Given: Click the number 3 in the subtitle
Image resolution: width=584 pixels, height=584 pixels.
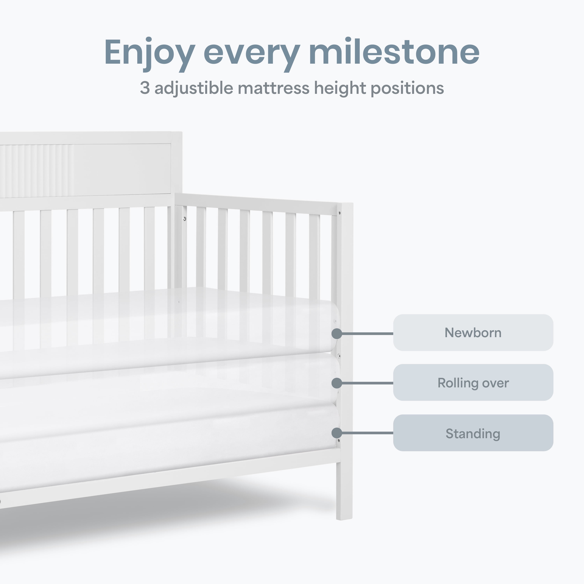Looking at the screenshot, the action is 145,88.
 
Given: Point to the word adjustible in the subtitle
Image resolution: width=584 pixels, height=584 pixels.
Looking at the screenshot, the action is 194,89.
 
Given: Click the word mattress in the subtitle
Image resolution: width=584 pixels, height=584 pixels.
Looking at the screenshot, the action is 274,88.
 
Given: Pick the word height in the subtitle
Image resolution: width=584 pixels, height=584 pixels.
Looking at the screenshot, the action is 340,89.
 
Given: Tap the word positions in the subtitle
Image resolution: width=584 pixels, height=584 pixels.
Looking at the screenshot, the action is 407,89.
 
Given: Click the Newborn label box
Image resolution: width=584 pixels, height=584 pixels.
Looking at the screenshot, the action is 473,332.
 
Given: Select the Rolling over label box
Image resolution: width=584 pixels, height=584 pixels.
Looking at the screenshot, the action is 473,383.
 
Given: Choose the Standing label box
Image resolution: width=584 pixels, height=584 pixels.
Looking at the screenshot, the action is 473,433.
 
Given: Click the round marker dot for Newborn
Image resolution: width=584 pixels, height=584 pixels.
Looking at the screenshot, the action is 337,334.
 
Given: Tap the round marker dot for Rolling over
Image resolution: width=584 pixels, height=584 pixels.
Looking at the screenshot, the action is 337,383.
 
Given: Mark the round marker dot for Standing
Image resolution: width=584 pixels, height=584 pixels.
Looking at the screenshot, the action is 337,433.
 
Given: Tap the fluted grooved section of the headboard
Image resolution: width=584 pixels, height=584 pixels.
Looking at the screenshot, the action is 36,171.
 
